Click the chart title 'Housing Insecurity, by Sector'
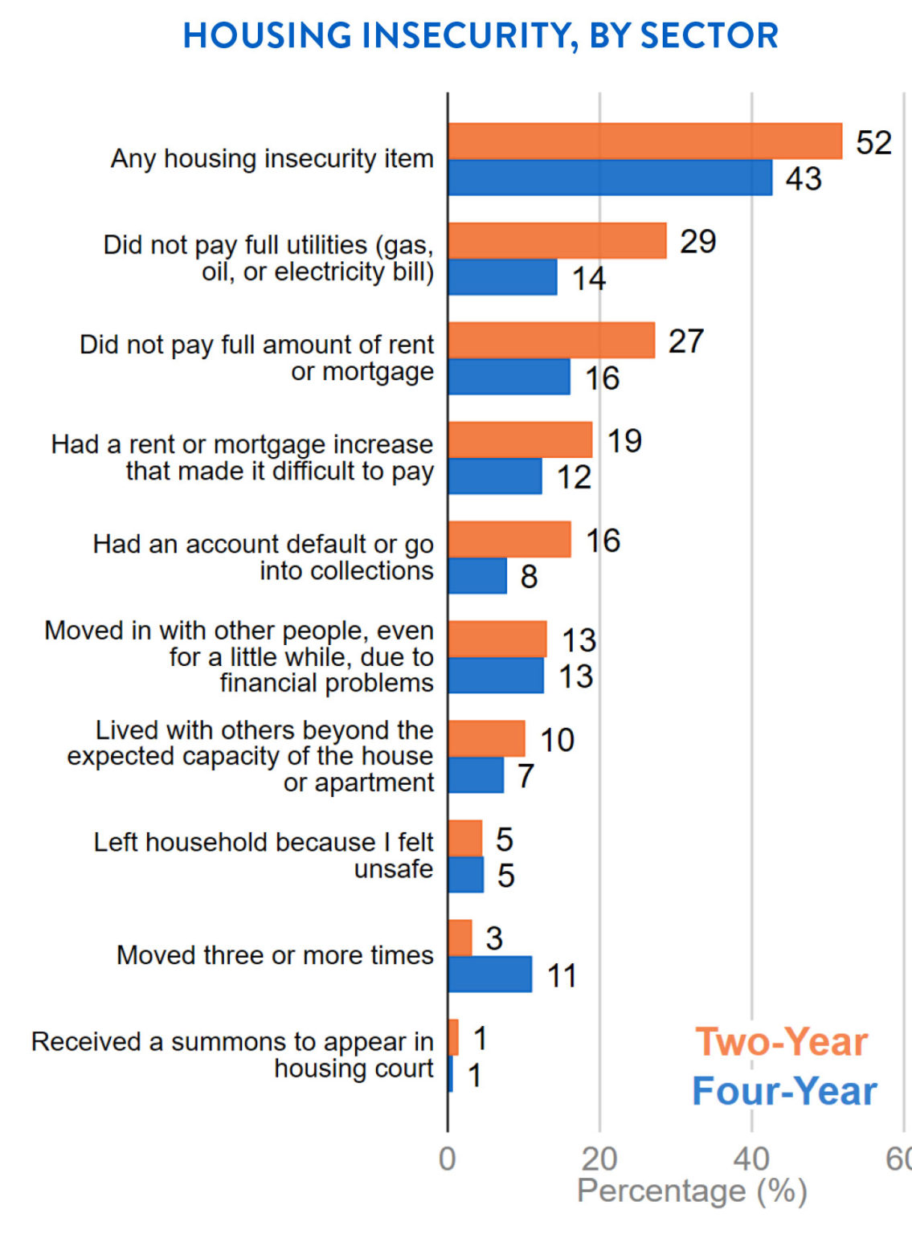481,35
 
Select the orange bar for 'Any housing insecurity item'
644,141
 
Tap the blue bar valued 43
610,178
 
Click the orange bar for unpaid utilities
557,241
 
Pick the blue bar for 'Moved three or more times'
490,974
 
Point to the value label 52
873,143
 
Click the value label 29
697,242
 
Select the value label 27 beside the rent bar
685,341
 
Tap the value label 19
624,441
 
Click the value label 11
561,976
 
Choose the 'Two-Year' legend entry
781,1042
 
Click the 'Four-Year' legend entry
784,1091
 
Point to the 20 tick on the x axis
599,1158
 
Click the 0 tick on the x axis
448,1158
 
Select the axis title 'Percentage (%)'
692,1191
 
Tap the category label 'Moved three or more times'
275,955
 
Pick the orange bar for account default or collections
509,540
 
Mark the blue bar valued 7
476,775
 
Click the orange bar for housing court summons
453,1037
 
